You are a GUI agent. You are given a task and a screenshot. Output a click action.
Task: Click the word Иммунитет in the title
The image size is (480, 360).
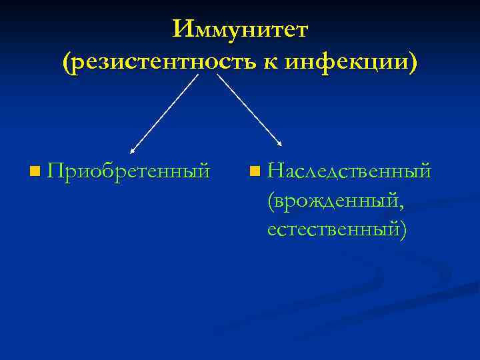[240, 30]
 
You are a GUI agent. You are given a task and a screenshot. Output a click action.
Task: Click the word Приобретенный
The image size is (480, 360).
[129, 171]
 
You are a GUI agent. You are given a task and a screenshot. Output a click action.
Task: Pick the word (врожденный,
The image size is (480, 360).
[335, 200]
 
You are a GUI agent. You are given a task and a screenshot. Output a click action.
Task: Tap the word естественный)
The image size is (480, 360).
[336, 229]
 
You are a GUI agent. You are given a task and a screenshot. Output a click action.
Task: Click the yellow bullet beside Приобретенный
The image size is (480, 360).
[35, 173]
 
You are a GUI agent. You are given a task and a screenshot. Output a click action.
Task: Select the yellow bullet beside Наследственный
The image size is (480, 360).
[254, 173]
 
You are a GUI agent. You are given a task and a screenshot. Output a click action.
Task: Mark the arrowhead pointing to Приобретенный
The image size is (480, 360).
[132, 152]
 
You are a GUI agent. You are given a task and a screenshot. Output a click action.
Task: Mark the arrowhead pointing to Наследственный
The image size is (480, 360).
[280, 143]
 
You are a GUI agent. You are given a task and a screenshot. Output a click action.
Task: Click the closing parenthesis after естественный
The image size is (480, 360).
[402, 229]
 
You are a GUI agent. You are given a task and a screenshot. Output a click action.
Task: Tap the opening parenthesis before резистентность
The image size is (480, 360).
[65, 63]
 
